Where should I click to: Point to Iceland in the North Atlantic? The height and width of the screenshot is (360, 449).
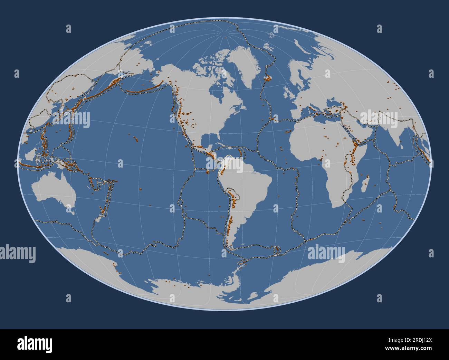tap(268, 78)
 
